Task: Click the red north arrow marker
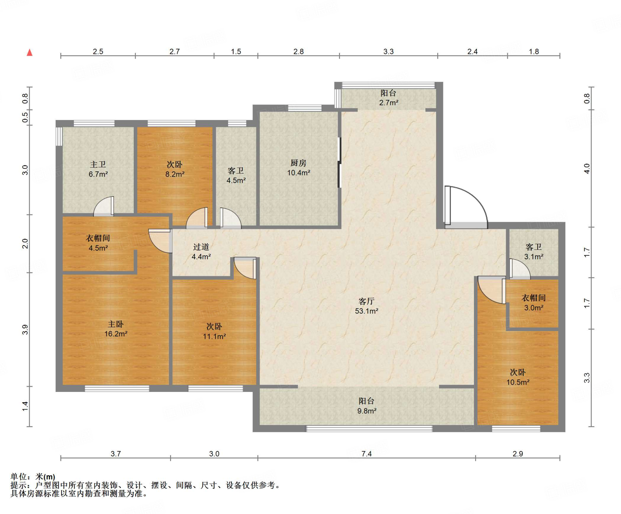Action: pos(29,52)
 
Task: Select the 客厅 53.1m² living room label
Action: pos(367,306)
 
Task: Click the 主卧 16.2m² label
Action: pos(116,329)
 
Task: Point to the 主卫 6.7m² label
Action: pos(98,169)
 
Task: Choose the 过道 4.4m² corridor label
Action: pos(201,252)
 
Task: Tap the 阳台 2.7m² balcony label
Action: pos(389,98)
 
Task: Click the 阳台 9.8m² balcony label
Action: pos(367,406)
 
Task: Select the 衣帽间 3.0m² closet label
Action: pos(534,303)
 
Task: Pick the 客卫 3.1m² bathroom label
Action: pos(534,252)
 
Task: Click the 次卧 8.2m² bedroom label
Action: pos(175,169)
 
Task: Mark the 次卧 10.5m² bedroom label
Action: pos(518,377)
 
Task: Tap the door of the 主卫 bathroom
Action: pos(104,207)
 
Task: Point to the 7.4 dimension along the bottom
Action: pos(367,453)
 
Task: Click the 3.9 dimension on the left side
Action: pos(25,330)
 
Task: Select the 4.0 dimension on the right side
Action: pos(587,168)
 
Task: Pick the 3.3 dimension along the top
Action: pos(388,51)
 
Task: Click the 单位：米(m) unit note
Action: pos(33,477)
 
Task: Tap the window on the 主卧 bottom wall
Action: pos(117,389)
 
